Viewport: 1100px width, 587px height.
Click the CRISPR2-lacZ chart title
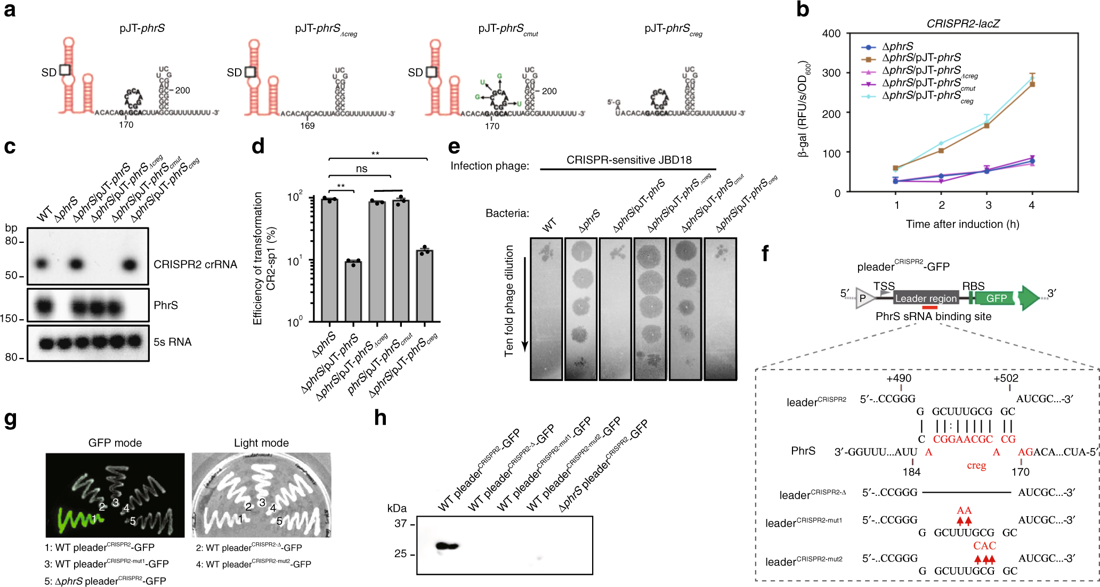point(962,24)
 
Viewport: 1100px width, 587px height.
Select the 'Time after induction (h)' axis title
point(962,224)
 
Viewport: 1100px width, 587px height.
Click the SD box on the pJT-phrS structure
point(64,70)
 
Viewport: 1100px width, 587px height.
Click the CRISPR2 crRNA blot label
point(195,265)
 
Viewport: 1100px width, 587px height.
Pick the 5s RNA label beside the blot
point(172,342)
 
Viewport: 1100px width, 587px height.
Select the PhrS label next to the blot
point(165,305)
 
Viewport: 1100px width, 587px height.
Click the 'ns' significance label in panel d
point(361,169)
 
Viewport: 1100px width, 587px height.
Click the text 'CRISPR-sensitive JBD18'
point(628,160)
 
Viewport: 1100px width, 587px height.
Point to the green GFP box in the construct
point(996,298)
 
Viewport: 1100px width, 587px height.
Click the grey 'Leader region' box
point(925,298)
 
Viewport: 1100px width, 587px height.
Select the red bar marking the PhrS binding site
point(929,307)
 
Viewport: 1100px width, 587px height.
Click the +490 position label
point(899,378)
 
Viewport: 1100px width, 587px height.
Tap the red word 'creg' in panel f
point(976,465)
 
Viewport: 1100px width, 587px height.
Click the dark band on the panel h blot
point(448,546)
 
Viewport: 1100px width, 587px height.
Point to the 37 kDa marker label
point(400,524)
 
